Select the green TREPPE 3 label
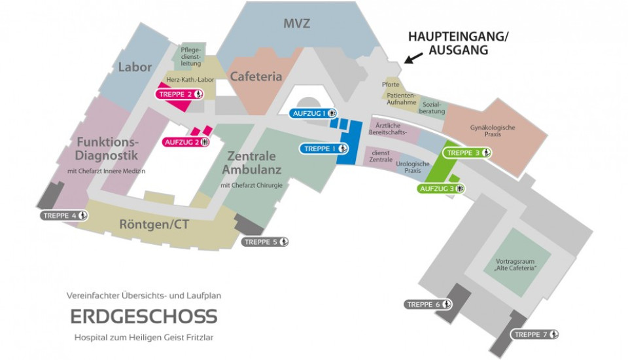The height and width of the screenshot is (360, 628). (x=468, y=153)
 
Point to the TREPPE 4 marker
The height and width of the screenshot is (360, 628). (x=64, y=215)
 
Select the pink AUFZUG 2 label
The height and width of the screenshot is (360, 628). (x=186, y=141)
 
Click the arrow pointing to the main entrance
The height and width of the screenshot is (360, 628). (x=411, y=60)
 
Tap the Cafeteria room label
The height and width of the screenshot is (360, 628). (x=256, y=77)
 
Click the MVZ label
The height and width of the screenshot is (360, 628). (x=296, y=24)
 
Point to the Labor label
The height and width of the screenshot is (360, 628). (x=135, y=67)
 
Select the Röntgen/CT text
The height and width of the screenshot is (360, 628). (x=154, y=225)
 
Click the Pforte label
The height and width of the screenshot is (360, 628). (x=391, y=85)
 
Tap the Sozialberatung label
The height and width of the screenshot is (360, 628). (x=431, y=107)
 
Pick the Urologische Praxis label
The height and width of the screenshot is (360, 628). (x=412, y=167)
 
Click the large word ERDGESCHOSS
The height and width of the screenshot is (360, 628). (x=143, y=317)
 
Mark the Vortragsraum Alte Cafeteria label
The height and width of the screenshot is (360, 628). (x=515, y=264)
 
